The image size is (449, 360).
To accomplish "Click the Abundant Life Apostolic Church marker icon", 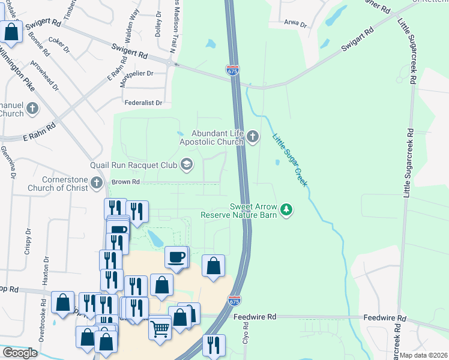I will pos(253,138).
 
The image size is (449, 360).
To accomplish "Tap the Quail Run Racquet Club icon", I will pos(187,164).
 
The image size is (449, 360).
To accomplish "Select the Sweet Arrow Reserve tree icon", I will pos(288,209).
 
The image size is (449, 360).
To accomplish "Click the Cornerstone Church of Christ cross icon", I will pos(97,182).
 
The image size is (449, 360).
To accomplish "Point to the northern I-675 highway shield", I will pos(233,70).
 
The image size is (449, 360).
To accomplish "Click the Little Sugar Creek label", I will pos(290,160).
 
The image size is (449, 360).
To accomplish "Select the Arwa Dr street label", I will pos(295,25).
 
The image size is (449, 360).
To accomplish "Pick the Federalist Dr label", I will pos(143,103).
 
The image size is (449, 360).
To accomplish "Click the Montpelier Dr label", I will pos(137,73).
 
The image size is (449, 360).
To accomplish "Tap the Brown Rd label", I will pos(124,182).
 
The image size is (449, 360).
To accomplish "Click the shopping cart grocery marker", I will pos(160,329).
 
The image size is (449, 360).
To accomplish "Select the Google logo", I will pos(20,353).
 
